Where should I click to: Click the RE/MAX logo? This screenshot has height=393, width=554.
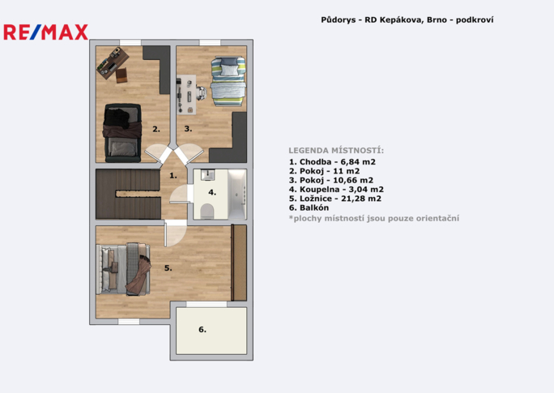point(45,32)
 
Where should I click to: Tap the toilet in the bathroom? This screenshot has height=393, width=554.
point(207,211)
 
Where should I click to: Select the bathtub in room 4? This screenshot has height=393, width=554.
point(237,194)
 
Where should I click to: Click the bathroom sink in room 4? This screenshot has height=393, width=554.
point(207,174)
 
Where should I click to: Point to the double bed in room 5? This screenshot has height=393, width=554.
point(123,268)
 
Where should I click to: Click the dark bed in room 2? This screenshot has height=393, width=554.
point(122,133)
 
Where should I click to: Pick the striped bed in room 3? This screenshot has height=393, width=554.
point(228,81)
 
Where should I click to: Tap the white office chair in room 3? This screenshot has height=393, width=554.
point(201,92)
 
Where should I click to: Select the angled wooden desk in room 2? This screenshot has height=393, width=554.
point(113,64)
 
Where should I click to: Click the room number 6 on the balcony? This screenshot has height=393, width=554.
point(202,329)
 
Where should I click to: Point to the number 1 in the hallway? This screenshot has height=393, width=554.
point(173,175)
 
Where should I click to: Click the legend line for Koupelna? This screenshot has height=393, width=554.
point(336,190)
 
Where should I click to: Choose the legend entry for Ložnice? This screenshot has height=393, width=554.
point(335,199)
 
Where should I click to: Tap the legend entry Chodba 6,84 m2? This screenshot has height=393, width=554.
point(332,162)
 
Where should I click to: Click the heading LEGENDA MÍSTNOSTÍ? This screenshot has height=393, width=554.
point(336,151)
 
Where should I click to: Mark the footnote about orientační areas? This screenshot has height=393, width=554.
point(374,219)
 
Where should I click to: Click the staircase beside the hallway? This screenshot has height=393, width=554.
point(128,194)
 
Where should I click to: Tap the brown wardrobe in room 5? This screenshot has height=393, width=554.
point(239,263)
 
